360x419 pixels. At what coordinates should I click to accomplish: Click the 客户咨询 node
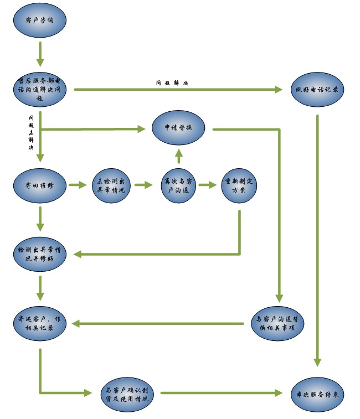point(40,20)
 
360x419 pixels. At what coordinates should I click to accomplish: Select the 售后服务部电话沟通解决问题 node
point(40,89)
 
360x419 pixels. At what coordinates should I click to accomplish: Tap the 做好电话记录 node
point(318,89)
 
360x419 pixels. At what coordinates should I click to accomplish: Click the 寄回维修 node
point(40,185)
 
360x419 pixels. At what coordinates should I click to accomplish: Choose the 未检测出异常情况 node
point(111,185)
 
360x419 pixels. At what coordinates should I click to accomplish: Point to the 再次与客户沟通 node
point(178,185)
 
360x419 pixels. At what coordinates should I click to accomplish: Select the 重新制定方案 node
point(239,185)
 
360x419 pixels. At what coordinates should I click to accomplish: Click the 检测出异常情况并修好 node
point(40,255)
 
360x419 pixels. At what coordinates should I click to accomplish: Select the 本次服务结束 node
point(318,394)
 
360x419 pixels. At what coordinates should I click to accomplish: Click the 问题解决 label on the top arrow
point(172,83)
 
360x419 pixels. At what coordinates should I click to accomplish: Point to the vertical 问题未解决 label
point(31,133)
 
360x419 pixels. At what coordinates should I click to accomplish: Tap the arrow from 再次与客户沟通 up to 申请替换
point(178,156)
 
